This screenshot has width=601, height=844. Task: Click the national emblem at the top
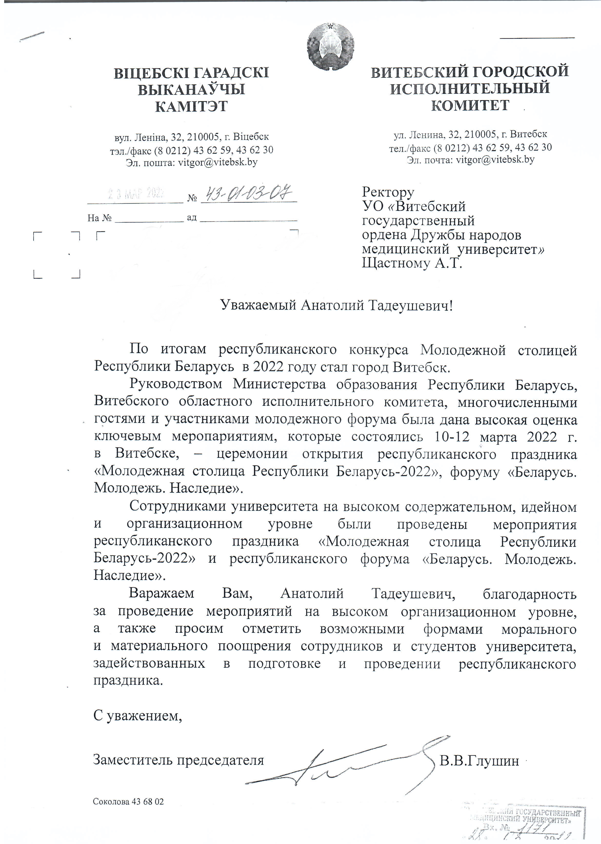point(331,46)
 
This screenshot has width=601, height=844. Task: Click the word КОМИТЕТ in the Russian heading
point(470,105)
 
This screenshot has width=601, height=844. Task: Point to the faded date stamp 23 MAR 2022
point(136,193)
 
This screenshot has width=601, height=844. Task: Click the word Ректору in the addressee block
point(388,192)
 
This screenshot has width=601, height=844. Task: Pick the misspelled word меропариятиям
point(224,437)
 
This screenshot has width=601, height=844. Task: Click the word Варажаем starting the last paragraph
point(161,593)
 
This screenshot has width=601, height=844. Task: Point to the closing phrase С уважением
point(138,716)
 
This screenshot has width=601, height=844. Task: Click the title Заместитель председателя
point(178,760)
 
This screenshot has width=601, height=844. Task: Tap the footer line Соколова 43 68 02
point(128,802)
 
